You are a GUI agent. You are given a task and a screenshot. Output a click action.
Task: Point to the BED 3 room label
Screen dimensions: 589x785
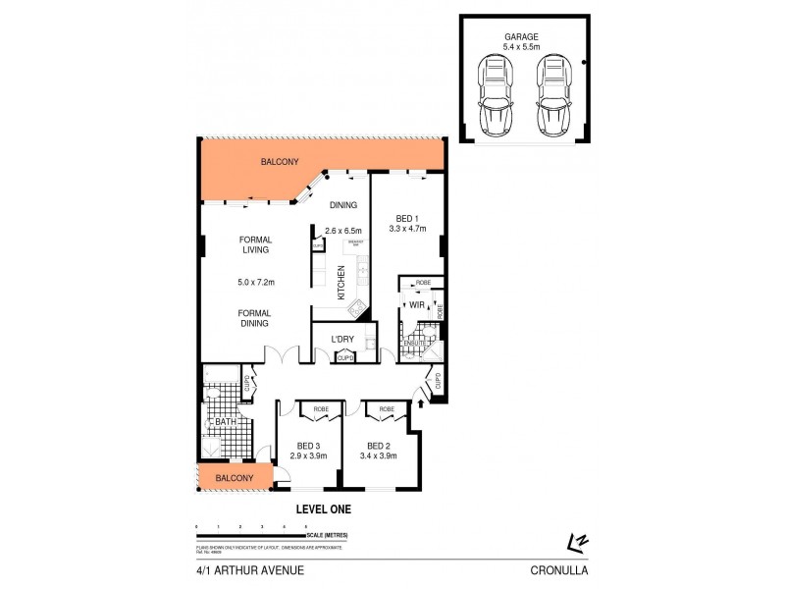(x=309, y=445)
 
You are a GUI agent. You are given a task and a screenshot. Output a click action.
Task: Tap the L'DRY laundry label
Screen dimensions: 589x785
(x=342, y=340)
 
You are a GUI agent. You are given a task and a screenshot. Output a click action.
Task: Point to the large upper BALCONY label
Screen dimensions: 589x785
(x=280, y=162)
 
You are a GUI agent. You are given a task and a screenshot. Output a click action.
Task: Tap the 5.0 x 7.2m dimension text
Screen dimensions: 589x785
(x=255, y=283)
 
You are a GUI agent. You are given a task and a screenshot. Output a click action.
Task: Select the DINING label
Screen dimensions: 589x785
(x=342, y=205)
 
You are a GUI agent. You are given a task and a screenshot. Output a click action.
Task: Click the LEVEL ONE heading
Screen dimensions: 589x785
(x=323, y=509)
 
